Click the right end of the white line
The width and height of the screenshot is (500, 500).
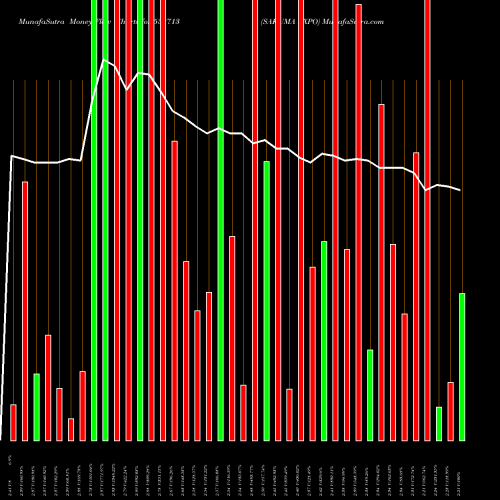(461, 190)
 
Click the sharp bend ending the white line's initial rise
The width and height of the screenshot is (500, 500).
(13, 156)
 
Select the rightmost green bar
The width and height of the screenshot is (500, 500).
(462, 366)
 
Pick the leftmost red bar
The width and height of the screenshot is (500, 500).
(13, 422)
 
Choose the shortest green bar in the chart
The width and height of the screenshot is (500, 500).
(439, 423)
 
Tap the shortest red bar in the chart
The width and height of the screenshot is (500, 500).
(71, 429)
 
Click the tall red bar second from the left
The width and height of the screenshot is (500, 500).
(25, 310)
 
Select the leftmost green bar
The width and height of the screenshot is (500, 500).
(37, 407)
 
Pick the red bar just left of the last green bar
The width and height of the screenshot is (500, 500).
(450, 410)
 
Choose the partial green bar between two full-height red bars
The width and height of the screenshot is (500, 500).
(267, 300)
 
